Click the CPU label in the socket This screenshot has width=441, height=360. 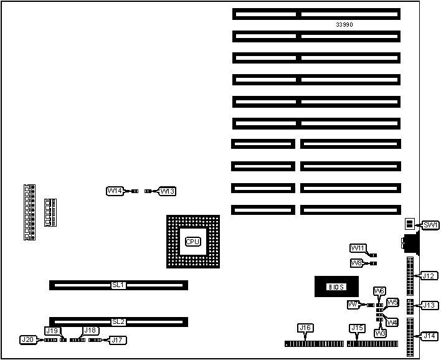click(x=193, y=242)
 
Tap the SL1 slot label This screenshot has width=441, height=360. click(x=118, y=285)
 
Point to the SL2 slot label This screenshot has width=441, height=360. click(x=118, y=322)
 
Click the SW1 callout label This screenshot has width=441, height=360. click(x=430, y=225)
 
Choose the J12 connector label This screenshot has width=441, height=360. click(x=429, y=276)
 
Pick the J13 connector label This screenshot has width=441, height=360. click(x=429, y=305)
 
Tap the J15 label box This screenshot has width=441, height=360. click(x=356, y=328)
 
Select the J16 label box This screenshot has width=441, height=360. click(x=305, y=328)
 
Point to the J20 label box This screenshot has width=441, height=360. click(x=27, y=340)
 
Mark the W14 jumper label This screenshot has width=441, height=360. click(x=115, y=191)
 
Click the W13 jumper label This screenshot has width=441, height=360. click(x=168, y=191)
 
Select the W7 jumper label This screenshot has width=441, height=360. click(x=353, y=305)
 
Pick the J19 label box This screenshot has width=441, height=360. click(x=52, y=331)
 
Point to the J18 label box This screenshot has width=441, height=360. click(x=90, y=331)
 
